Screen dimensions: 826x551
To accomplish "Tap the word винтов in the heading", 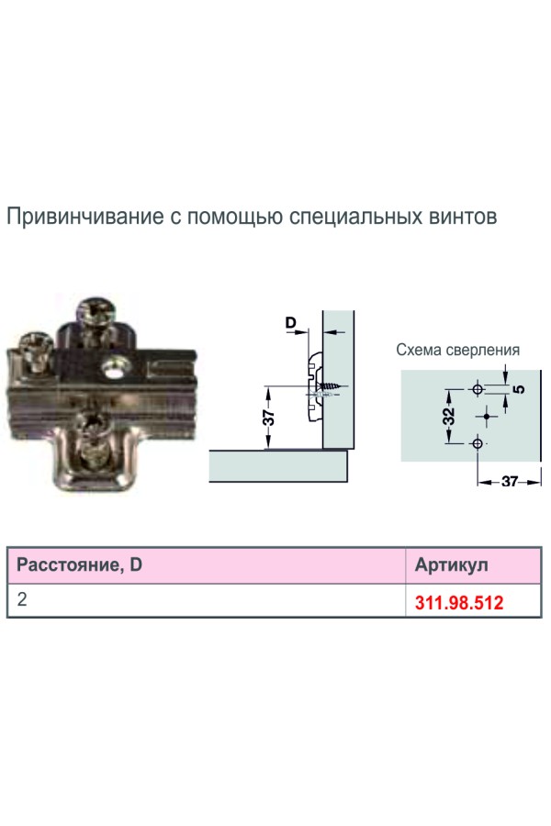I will point(464,218).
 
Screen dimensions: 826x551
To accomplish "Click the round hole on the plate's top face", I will point(115,369).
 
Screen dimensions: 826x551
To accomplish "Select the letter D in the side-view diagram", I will point(290,323).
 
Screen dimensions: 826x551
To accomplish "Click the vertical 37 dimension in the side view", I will point(268,417).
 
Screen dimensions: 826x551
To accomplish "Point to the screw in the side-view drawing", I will point(328,387).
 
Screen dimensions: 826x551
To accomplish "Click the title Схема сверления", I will point(457,350).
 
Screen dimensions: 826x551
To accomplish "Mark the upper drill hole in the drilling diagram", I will point(476,390).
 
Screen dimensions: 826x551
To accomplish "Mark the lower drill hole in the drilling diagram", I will point(476,444).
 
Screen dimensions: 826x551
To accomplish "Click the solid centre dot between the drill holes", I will point(487,416).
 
